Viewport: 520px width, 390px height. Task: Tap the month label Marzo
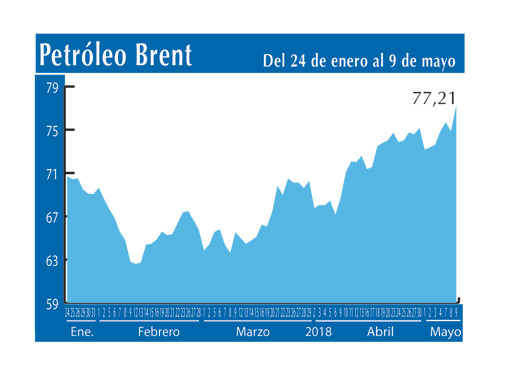tap(254, 330)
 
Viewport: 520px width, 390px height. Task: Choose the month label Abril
tap(381, 330)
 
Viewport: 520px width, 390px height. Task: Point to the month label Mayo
tap(445, 330)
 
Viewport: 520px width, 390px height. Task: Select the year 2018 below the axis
tap(318, 330)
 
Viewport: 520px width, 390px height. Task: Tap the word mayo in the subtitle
tap(438, 61)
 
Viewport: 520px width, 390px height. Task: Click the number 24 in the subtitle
tap(301, 61)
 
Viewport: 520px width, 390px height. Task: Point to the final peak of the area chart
tap(457, 108)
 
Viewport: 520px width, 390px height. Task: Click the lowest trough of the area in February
tap(136, 264)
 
